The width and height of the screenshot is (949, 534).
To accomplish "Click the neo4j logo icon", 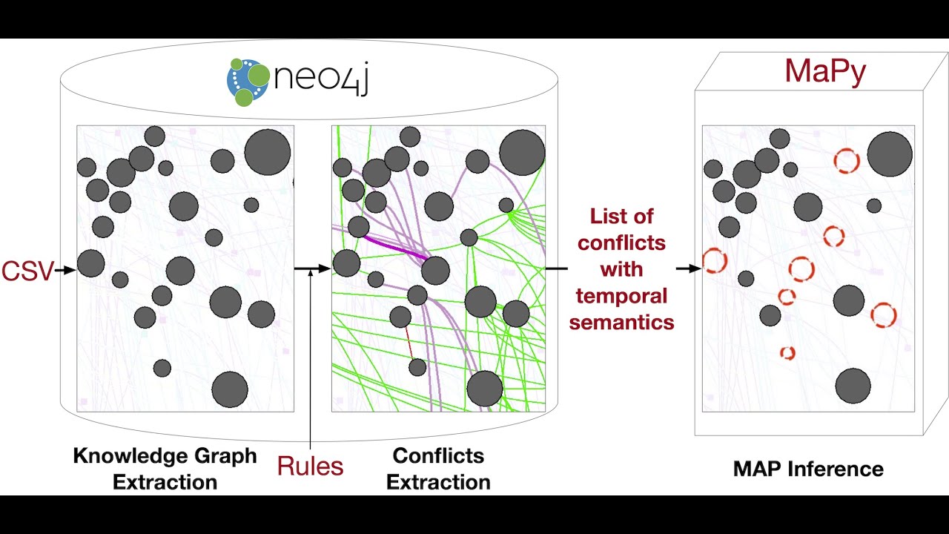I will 248,81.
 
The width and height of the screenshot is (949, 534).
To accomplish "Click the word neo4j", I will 320,78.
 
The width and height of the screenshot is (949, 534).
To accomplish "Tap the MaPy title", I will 824,71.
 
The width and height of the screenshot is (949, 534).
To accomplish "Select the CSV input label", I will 27,271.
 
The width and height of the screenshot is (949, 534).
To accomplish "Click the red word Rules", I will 310,466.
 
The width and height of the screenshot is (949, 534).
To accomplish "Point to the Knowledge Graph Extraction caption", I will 165,469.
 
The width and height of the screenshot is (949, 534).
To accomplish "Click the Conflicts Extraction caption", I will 438,469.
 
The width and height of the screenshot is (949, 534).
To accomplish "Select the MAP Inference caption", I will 808,469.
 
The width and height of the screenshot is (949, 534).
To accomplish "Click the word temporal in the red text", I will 622,296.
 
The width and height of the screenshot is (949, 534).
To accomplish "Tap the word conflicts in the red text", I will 622,243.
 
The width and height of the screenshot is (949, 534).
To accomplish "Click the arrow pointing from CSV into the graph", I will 66,271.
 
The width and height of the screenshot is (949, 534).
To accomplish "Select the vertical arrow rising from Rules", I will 310,356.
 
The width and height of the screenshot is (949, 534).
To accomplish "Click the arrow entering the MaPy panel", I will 688,268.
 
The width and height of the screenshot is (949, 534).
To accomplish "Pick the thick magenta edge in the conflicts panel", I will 395,248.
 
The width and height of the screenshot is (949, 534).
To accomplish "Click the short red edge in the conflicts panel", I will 409,343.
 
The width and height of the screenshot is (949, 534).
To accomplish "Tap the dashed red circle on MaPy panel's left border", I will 714,260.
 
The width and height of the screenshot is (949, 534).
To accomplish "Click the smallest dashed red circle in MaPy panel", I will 787,353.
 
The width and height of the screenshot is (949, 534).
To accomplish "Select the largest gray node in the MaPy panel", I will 890,154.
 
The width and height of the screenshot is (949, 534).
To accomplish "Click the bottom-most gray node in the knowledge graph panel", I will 230,389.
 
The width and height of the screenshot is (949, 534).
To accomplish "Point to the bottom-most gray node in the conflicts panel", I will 485,389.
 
